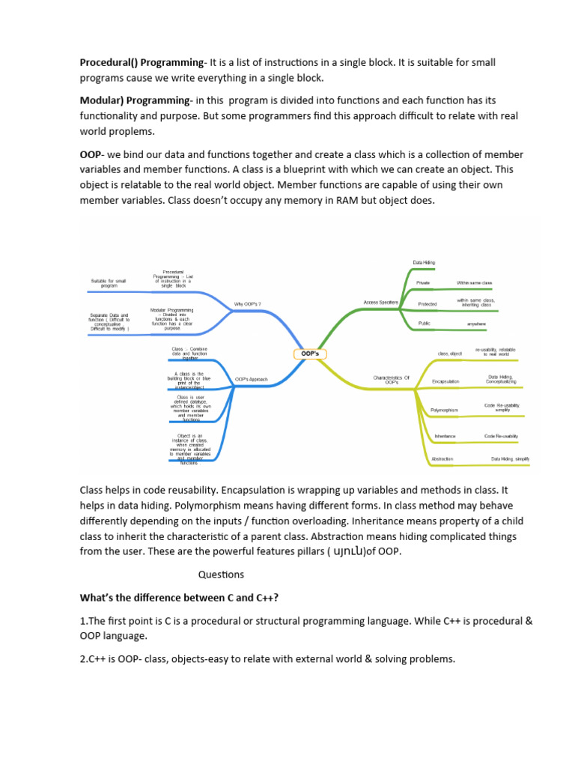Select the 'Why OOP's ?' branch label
click(x=248, y=304)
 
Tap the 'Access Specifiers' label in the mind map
click(x=380, y=302)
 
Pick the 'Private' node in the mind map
click(x=423, y=282)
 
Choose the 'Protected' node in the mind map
click(x=427, y=304)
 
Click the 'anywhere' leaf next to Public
click(x=476, y=324)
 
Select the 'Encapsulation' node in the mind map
click(x=445, y=381)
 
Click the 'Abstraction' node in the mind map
click(x=442, y=458)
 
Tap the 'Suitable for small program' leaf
click(x=109, y=283)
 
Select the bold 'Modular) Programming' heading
click(x=135, y=100)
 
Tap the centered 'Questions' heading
click(x=221, y=575)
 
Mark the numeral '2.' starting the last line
click(x=85, y=658)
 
